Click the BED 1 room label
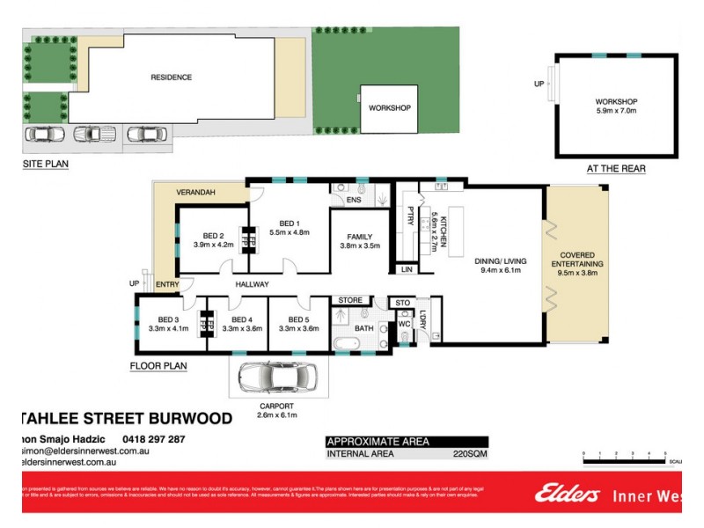(x=290, y=224)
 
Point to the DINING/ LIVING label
(x=502, y=260)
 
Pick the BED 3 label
(x=168, y=319)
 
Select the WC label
(x=405, y=324)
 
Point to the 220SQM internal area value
(x=470, y=454)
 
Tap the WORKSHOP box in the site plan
(x=389, y=108)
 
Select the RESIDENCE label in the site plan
(x=171, y=77)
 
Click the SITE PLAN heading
(x=45, y=164)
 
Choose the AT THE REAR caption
(x=615, y=168)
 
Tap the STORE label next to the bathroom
(x=350, y=301)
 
